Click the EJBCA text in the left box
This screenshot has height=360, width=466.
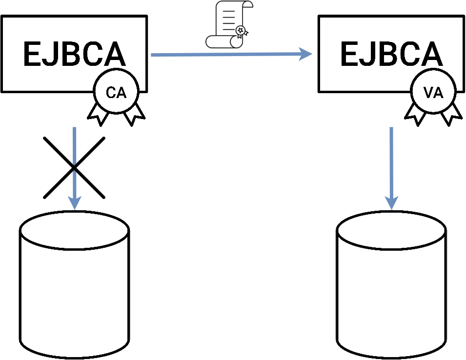tap(74, 54)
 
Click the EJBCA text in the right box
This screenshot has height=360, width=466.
tap(391, 54)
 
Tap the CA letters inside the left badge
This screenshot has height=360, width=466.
tap(116, 93)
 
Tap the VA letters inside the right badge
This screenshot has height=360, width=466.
tap(433, 93)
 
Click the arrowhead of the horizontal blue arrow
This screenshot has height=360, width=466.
tap(306, 54)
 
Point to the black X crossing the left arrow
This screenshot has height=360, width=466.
tap(74, 167)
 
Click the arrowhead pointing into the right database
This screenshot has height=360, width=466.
tap(391, 202)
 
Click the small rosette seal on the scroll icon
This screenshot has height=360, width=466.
tap(241, 31)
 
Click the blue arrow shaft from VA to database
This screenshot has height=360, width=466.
tap(391, 161)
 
